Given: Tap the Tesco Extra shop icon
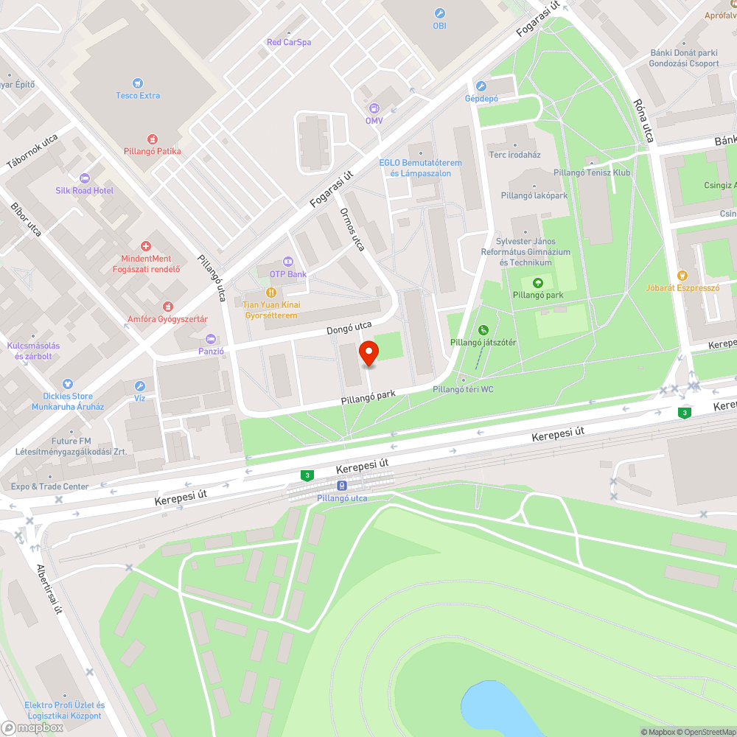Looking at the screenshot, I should (138, 83).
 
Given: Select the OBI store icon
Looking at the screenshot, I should (440, 13).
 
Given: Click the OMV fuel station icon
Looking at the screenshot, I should (374, 108).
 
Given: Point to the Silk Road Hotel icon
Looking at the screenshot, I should (84, 178).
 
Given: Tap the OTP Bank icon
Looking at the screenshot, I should (287, 262).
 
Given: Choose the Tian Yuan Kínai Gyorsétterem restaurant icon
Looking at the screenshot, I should (271, 293).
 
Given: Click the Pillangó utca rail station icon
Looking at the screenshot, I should (342, 486).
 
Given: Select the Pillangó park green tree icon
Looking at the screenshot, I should (538, 283).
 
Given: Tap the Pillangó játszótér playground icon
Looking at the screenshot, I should (483, 330).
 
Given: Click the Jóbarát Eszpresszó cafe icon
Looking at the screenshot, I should (682, 275).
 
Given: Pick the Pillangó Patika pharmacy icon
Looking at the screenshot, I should (153, 139).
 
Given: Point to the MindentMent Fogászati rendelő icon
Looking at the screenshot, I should (146, 246).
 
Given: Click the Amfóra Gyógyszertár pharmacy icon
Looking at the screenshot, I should (167, 306).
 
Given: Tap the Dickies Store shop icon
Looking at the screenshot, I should (68, 384).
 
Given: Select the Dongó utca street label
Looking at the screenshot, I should (349, 328).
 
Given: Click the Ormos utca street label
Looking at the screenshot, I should (352, 228).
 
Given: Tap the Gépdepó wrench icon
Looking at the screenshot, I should (481, 86).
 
